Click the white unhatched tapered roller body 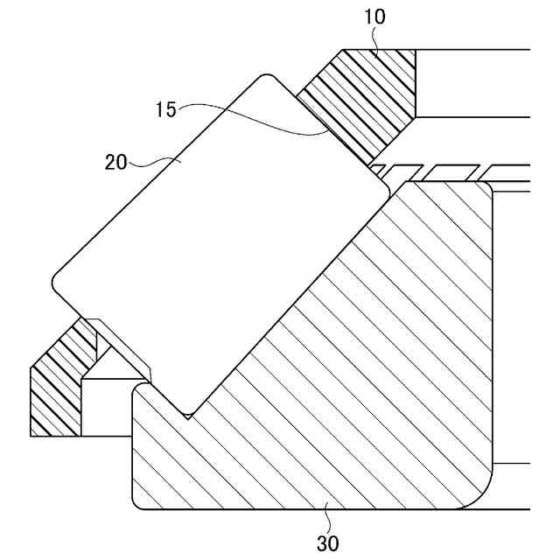(219, 236)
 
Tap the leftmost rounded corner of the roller (56, 284)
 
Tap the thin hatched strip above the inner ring (437, 168)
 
